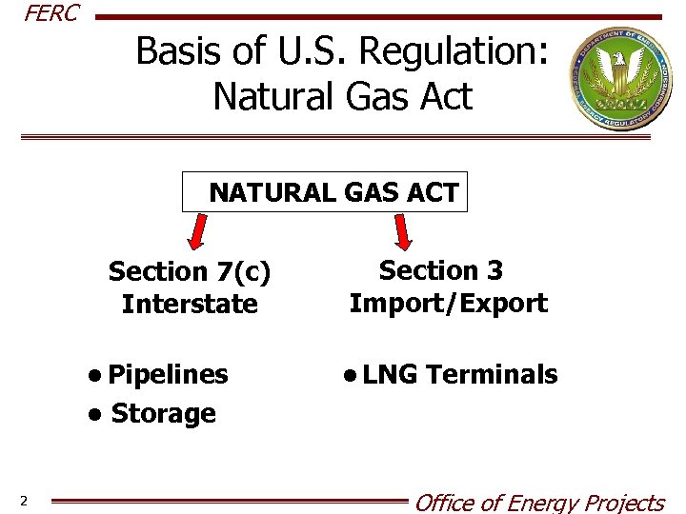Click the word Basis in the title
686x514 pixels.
pos(179,51)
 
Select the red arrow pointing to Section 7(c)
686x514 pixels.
pos(197,231)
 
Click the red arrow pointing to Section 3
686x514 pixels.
pos(404,231)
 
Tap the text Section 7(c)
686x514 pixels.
pos(190,272)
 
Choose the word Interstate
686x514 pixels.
pos(190,305)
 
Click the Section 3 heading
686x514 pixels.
pos(441,271)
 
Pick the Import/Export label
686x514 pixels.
pos(448,304)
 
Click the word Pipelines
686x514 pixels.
pos(168,374)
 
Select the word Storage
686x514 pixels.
pos(164,414)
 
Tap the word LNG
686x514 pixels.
pos(390,374)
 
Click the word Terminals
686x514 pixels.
pos(492,374)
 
